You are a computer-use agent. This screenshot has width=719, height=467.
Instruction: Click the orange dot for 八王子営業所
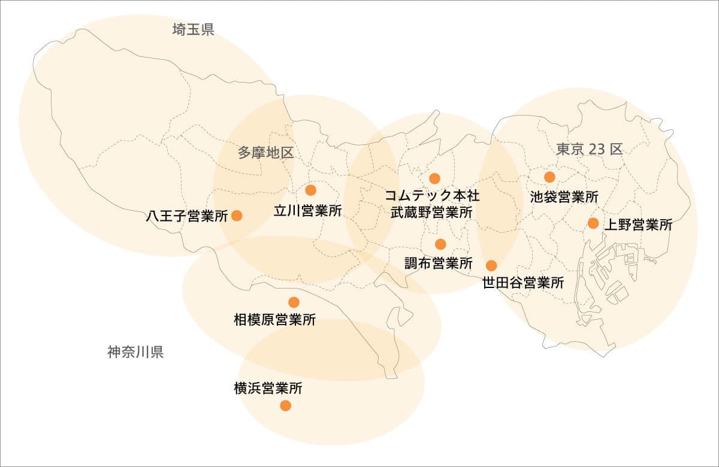[237, 216]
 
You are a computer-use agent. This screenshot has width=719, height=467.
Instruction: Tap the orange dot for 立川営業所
[310, 190]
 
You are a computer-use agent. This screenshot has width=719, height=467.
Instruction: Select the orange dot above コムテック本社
[434, 178]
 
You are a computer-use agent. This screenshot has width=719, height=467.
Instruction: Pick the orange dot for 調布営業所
[440, 244]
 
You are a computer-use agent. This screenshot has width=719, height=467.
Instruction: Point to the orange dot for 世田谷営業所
[491, 265]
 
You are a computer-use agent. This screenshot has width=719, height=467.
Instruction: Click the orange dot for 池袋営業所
[549, 177]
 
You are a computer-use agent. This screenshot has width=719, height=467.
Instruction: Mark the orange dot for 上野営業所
[593, 223]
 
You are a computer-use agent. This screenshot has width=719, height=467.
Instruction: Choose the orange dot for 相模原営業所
[294, 302]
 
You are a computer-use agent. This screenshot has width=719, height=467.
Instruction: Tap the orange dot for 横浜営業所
[285, 405]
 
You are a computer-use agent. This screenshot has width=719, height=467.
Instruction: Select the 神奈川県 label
[135, 351]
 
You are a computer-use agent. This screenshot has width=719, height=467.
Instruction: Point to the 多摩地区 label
[265, 153]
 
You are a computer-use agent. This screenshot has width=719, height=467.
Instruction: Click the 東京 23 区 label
[589, 150]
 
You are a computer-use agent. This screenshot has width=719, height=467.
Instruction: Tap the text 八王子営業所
[187, 216]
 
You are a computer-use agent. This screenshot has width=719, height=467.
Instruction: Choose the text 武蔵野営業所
[431, 212]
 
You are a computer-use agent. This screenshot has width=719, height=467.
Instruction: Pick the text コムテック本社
[431, 196]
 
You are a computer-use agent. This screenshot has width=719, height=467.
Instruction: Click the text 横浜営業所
[268, 389]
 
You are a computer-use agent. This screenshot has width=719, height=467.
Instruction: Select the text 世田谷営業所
[523, 283]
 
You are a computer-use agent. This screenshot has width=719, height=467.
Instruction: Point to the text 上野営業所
[638, 225]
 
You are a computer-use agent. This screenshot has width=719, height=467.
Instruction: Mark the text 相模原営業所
[274, 320]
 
